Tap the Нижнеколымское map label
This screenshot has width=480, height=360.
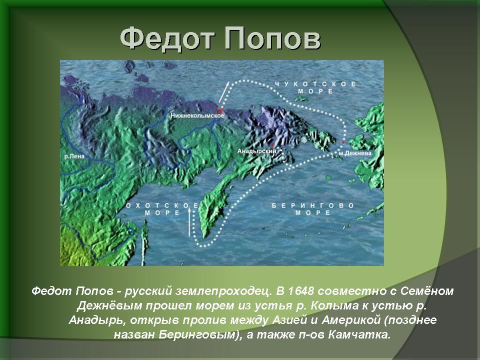coord(197,115)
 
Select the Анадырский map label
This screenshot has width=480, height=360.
coord(257,151)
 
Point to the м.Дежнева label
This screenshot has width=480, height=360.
coord(355,153)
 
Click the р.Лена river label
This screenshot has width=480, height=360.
coord(74,156)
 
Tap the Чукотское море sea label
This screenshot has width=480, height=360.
coord(315,87)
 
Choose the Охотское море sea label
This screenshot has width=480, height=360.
coord(162,209)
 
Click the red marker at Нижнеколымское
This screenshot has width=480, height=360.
coord(220,110)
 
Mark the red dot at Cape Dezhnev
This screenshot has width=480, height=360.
coord(343,142)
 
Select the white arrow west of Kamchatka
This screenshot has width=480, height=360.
coord(189,222)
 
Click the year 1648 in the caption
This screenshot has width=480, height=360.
coord(301,291)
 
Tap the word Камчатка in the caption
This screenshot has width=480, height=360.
coord(359,334)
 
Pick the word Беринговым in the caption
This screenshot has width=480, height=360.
coord(199,334)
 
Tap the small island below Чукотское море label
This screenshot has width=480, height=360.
coord(301,98)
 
